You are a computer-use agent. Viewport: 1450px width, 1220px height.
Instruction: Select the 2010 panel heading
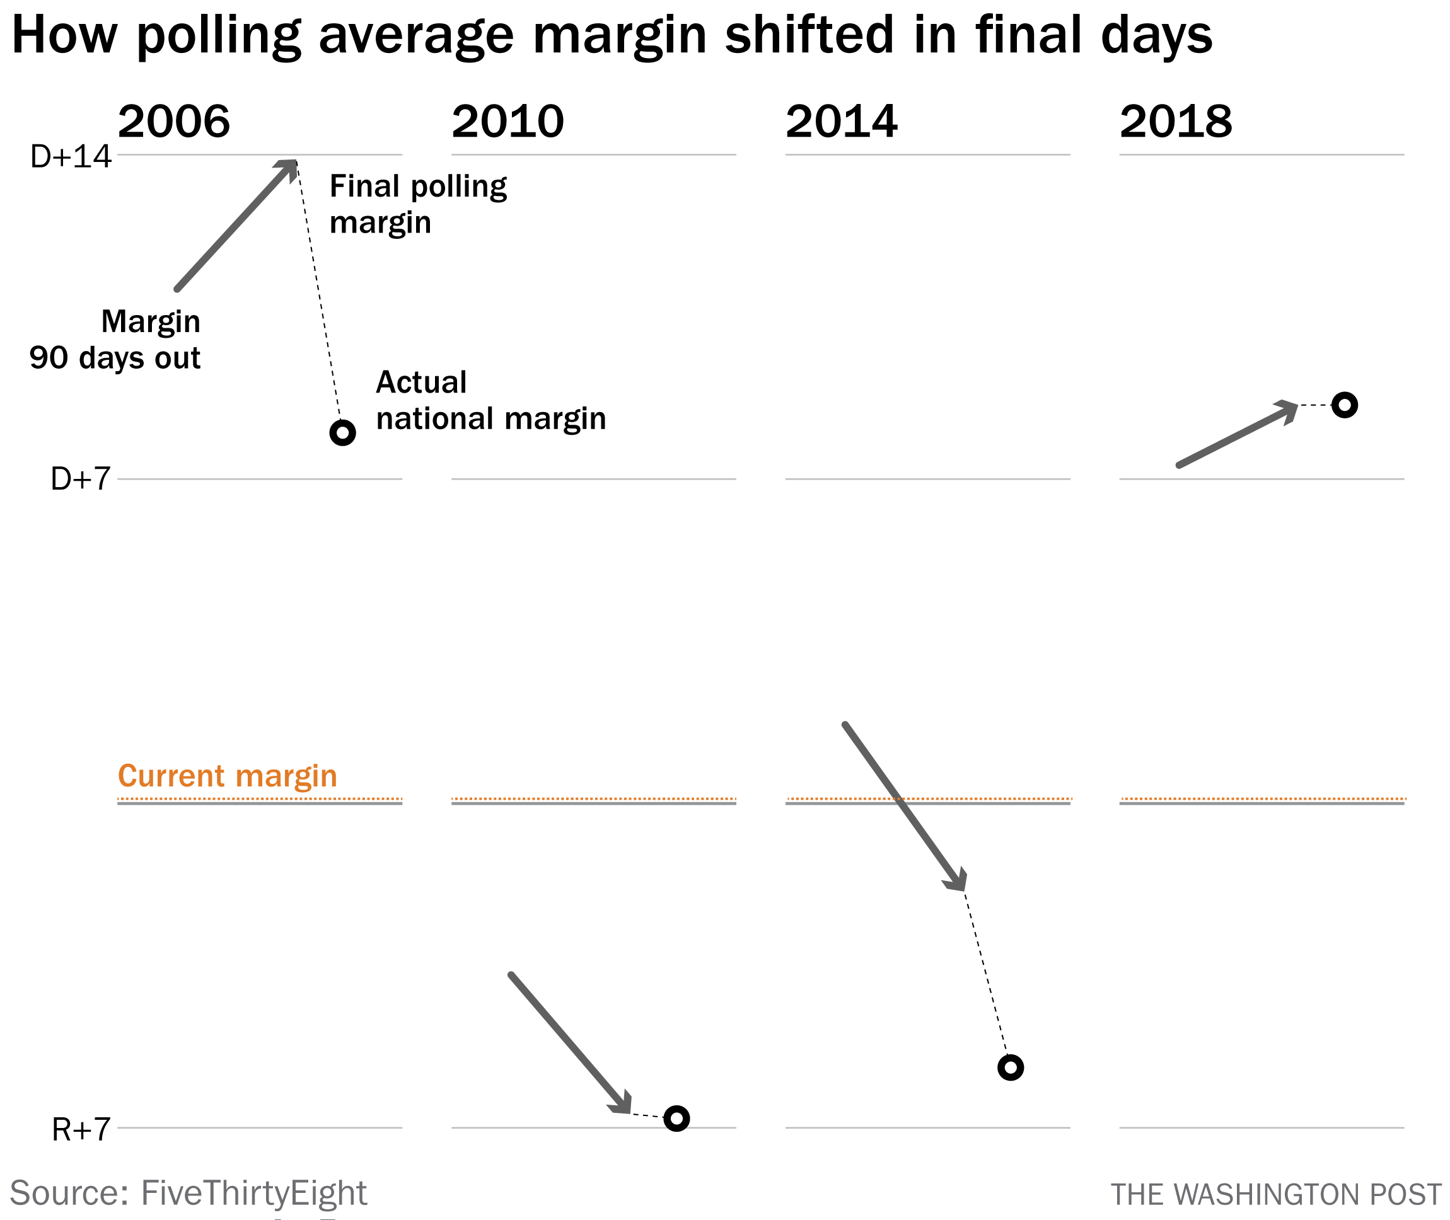coord(507,122)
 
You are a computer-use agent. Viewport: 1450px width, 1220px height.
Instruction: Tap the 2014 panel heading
coord(841,122)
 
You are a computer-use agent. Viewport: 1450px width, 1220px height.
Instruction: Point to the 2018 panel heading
coord(1175,122)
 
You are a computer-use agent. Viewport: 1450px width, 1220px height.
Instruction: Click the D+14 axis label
coord(71,157)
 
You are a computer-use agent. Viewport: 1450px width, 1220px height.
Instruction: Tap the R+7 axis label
coord(81,1130)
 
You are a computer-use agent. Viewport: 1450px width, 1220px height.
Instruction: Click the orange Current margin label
coord(228,776)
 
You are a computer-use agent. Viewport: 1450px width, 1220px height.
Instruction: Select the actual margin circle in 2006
coord(342,433)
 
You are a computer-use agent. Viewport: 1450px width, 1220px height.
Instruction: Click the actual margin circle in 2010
coord(676,1119)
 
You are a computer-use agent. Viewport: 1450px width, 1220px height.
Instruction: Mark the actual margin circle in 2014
coord(1010,1068)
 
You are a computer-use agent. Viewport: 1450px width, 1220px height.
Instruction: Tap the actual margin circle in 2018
coord(1344,405)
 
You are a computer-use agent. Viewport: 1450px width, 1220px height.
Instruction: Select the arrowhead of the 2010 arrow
coord(623,1105)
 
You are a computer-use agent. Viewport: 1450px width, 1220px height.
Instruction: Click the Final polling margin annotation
coord(418,205)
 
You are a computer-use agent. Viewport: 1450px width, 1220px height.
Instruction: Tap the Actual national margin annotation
coord(490,400)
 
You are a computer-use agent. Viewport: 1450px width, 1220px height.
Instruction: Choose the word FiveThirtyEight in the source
coord(253,1193)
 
